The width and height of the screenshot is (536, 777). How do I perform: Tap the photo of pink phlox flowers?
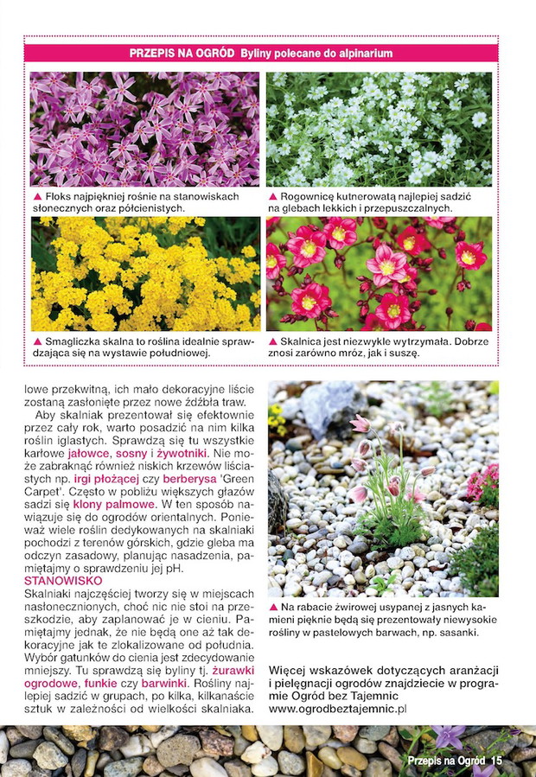144,129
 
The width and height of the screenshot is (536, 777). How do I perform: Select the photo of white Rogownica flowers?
379,129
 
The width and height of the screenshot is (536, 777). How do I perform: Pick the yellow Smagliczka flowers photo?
144,275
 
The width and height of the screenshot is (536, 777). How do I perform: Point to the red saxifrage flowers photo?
379,275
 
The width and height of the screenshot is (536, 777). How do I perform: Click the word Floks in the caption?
57,197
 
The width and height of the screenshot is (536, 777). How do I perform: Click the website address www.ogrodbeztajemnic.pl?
337,709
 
